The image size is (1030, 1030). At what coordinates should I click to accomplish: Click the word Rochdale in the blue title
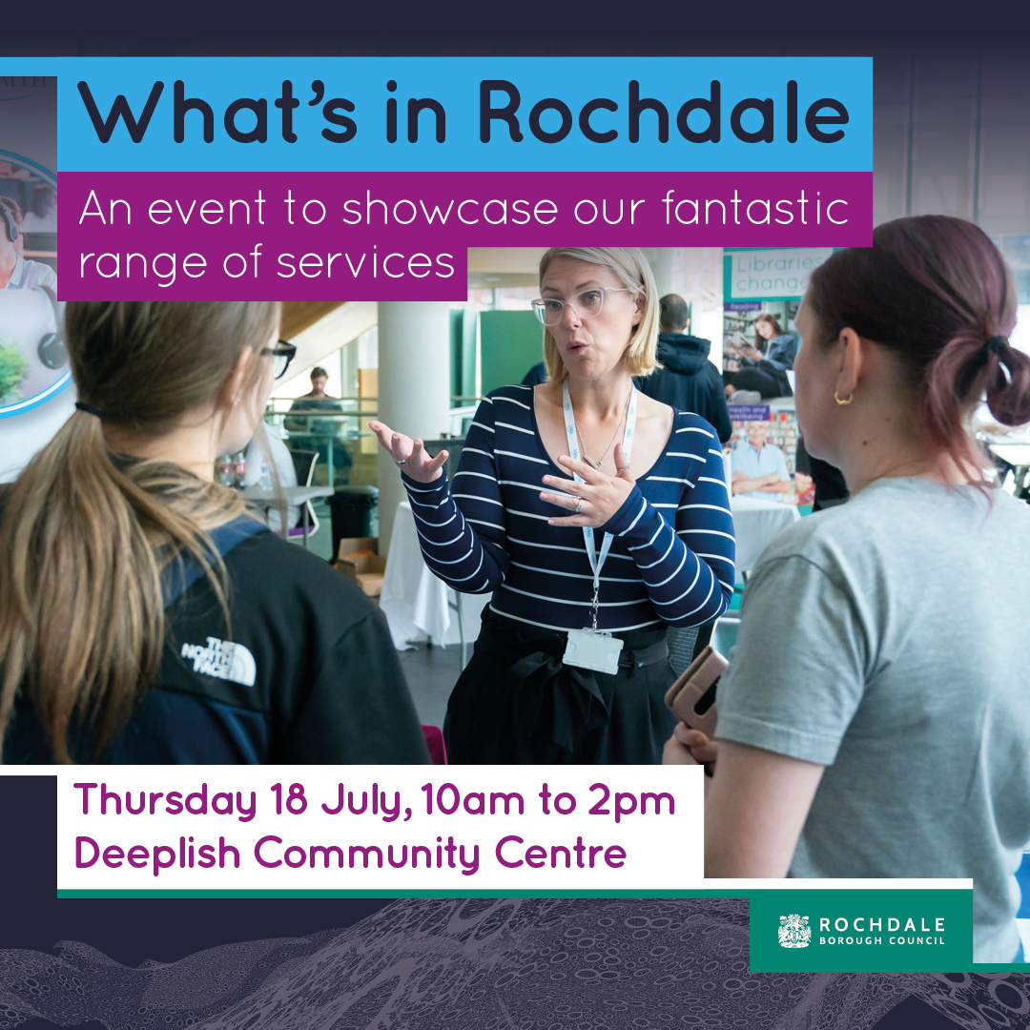tap(663, 113)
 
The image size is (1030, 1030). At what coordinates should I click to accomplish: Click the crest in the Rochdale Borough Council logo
tap(794, 931)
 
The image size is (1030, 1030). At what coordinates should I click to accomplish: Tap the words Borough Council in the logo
tap(882, 941)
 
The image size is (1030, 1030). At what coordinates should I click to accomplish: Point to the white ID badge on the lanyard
tap(592, 649)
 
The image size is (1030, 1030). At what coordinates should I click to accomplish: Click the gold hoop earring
tap(843, 396)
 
